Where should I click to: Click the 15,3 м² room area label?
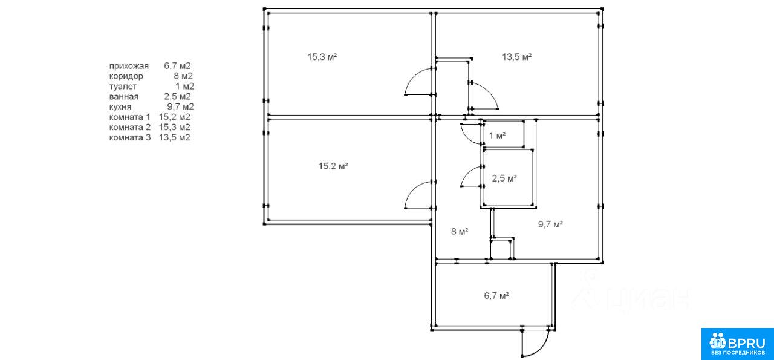[322, 57]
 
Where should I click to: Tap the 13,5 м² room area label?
[516, 57]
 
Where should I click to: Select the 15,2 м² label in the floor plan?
[333, 166]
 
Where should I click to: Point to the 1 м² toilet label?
[497, 136]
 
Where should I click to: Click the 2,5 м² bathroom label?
[504, 178]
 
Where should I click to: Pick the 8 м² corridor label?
[460, 231]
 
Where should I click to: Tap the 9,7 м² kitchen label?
[550, 224]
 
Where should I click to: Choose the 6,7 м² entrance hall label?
[496, 295]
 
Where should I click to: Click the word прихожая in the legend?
[129, 65]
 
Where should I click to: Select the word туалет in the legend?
[123, 86]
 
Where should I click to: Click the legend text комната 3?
[129, 137]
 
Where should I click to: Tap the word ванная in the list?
[124, 96]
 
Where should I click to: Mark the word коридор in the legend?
[126, 76]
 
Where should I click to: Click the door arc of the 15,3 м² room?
[417, 81]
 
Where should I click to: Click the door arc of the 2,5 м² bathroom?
[470, 177]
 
